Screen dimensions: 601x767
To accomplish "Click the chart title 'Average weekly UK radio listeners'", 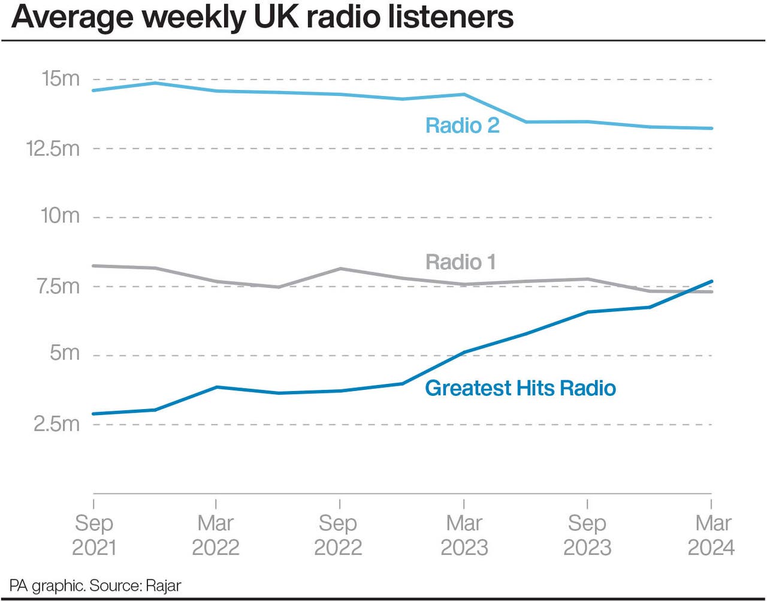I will click(262, 17).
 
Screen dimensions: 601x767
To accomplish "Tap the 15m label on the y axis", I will click(60, 79).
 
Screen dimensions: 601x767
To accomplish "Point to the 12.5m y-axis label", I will click(53, 148).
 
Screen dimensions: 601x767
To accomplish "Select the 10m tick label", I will click(60, 216).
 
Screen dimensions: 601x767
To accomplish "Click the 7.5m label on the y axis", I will click(58, 286).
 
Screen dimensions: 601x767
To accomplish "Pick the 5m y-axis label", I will click(65, 353).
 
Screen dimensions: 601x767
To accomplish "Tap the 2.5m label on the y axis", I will click(56, 424).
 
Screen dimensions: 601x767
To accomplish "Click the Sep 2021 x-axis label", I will click(94, 535).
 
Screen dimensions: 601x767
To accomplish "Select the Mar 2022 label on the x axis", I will click(216, 535).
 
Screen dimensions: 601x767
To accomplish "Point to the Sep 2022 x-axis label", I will click(338, 535).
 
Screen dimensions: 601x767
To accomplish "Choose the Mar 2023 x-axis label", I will click(464, 535).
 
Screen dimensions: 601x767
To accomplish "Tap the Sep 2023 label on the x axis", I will click(587, 535).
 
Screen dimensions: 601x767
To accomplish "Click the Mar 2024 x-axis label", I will click(712, 535).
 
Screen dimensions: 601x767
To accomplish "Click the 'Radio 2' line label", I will click(462, 125).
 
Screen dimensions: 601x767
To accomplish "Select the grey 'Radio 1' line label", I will click(460, 262).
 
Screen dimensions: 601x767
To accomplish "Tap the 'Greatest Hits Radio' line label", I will click(520, 388).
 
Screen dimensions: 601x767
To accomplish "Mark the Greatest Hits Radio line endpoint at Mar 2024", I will click(711, 281).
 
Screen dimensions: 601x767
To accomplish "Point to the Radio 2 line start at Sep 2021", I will click(94, 91).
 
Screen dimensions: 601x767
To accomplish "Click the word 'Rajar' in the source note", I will click(163, 585).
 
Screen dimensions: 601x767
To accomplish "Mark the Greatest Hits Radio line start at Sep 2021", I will click(94, 414).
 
